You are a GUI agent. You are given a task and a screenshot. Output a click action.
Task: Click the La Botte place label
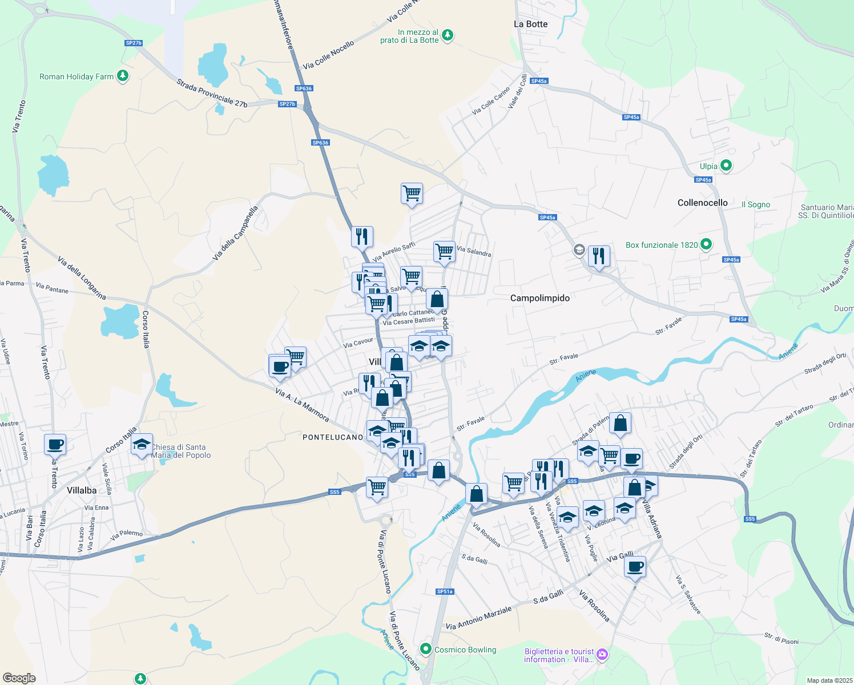pyautogui.click(x=530, y=24)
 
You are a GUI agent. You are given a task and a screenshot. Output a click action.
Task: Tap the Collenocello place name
pyautogui.click(x=702, y=203)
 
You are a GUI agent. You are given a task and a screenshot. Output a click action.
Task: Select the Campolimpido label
pyautogui.click(x=539, y=298)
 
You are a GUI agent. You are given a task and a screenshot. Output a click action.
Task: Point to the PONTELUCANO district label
pyautogui.click(x=332, y=437)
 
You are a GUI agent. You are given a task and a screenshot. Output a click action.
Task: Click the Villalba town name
pyautogui.click(x=82, y=490)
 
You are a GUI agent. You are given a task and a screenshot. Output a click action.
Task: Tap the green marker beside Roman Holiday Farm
pyautogui.click(x=122, y=76)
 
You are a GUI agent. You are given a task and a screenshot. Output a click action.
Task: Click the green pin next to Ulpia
pyautogui.click(x=726, y=166)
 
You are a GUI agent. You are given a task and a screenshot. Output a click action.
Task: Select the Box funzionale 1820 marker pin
pyautogui.click(x=706, y=244)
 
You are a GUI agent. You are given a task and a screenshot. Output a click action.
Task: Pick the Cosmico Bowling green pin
pyautogui.click(x=425, y=649)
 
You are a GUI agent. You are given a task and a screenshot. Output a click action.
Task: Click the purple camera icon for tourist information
pyautogui.click(x=603, y=654)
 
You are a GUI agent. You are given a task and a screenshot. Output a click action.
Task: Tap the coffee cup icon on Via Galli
pyautogui.click(x=635, y=567)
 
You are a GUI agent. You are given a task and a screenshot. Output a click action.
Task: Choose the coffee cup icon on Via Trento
pyautogui.click(x=55, y=444)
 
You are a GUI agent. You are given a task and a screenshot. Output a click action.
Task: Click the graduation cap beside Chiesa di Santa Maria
pyautogui.click(x=142, y=445)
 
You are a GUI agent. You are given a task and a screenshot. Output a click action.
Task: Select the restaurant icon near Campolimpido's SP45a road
pyautogui.click(x=598, y=255)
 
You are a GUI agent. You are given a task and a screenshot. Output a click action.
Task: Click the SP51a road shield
pyautogui.click(x=445, y=591)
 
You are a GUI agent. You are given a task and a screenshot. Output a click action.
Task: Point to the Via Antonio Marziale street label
pyautogui.click(x=478, y=618)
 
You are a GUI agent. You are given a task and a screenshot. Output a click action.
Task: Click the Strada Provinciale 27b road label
pyautogui.click(x=212, y=92)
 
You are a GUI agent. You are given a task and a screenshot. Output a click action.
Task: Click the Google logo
pyautogui.click(x=19, y=678)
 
